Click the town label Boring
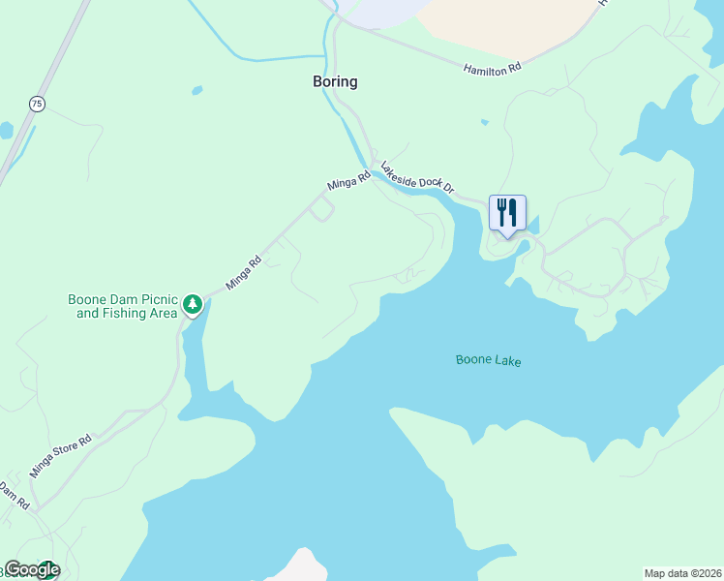point(335,82)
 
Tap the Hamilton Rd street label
point(492,69)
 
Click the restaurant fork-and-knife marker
point(507,213)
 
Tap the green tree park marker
point(193,305)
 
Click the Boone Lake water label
point(488,361)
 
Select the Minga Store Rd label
point(60,456)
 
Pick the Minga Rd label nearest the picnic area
point(244,273)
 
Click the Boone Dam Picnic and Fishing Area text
point(123,306)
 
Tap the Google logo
point(31,569)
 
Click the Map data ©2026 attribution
point(683,572)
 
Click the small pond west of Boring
point(197,91)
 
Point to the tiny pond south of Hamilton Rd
point(484,122)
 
